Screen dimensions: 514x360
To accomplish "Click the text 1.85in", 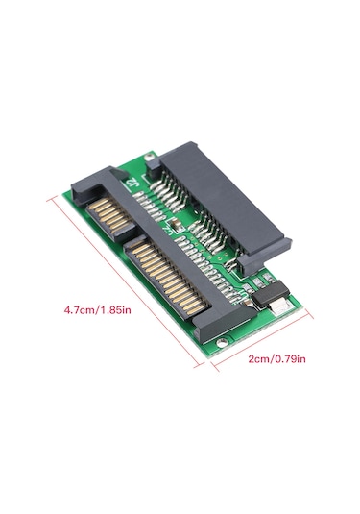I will tap(119, 310).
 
